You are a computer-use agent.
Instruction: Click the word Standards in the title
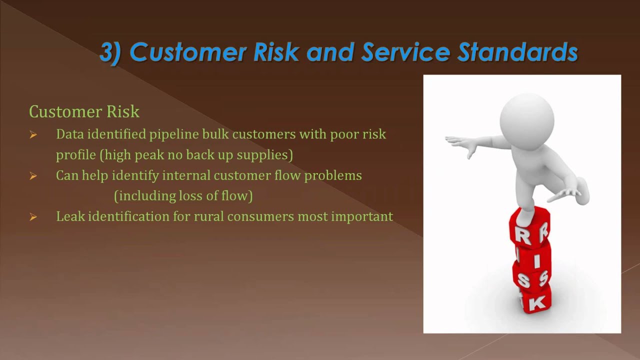pos(518,52)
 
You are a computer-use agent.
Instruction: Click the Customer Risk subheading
pos(84,111)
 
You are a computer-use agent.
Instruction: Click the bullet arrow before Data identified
pos(33,134)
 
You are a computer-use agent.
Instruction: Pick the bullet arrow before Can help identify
pos(33,175)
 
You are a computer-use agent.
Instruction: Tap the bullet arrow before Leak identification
pos(33,217)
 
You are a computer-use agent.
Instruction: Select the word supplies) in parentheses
pos(264,155)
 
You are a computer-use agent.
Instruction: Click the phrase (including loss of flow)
pos(183,196)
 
